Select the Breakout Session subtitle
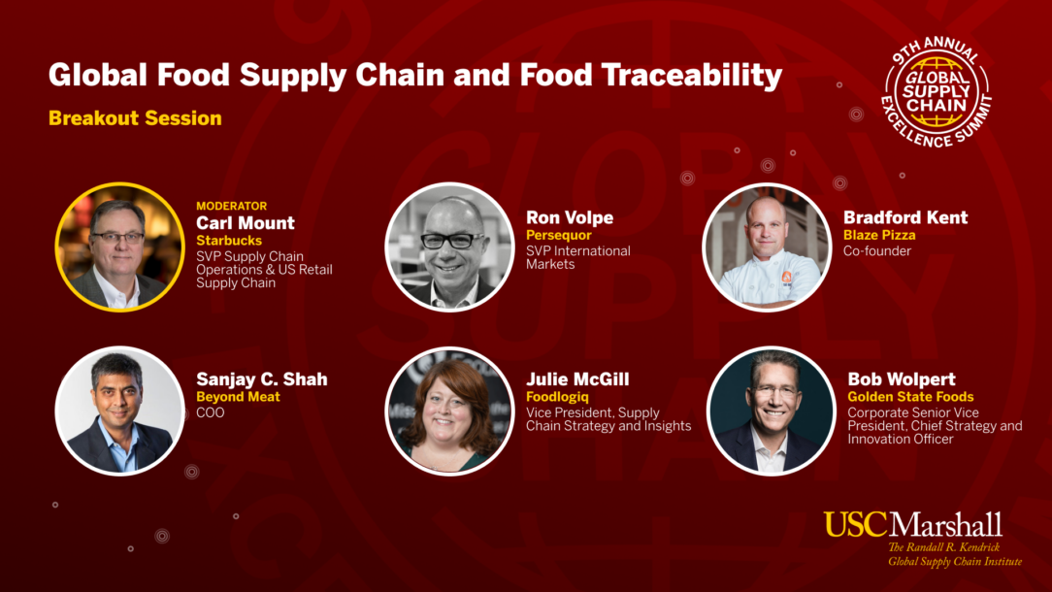coord(135,118)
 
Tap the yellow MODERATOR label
coord(232,206)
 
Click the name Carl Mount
coord(245,223)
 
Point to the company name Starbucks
coord(229,241)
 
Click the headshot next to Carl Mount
coord(119,247)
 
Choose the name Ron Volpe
coord(570,217)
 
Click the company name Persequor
coord(558,236)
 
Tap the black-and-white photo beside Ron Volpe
coord(449,247)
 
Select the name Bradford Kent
coord(905,217)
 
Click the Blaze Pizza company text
coord(879,235)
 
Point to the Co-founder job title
coord(877,251)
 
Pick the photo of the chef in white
coord(767,247)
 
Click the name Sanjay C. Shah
coord(262,379)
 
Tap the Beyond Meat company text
coord(238,397)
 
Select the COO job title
coord(210,412)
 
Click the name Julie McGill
coord(577,379)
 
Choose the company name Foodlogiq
coord(557,397)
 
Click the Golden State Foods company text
coord(910,397)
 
